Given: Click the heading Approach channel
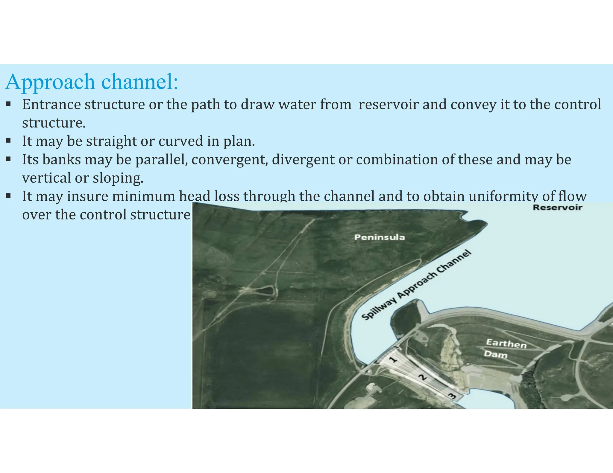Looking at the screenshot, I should [92, 82].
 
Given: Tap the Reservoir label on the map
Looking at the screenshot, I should [557, 207].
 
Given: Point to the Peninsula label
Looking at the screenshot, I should [379, 237].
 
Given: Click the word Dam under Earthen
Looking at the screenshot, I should [496, 355].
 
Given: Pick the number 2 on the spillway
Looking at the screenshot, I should [422, 378].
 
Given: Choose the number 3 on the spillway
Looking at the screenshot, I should [451, 396].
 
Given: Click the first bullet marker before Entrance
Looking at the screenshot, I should [8, 104].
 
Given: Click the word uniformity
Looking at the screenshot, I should [503, 196].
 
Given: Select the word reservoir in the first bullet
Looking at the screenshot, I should [388, 104].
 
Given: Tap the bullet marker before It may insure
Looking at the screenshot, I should [8, 196].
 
